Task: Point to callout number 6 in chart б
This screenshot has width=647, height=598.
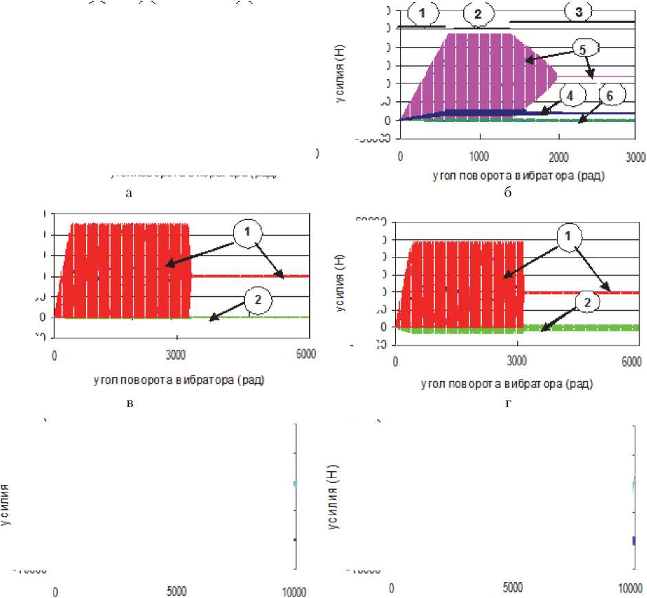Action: point(609,96)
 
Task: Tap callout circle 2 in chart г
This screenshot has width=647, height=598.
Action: point(586,301)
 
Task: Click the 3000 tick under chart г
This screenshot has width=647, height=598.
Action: point(515,360)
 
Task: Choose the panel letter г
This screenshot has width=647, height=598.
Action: point(508,402)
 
